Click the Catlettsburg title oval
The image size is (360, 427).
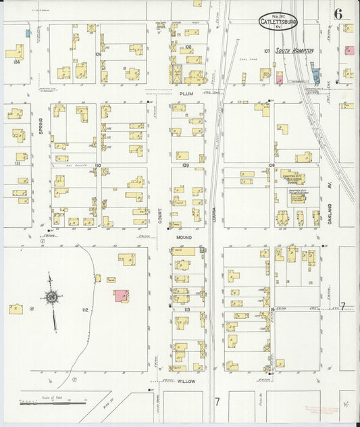(x=278, y=22)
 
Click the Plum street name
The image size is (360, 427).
(x=186, y=93)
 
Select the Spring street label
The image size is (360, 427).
(x=41, y=126)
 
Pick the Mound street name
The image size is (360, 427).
(x=184, y=238)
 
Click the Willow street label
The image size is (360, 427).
(x=186, y=381)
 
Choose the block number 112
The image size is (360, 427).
(x=84, y=309)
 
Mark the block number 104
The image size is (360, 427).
(x=16, y=60)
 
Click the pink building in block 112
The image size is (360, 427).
(x=122, y=296)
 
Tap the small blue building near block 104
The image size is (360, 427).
(x=28, y=32)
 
